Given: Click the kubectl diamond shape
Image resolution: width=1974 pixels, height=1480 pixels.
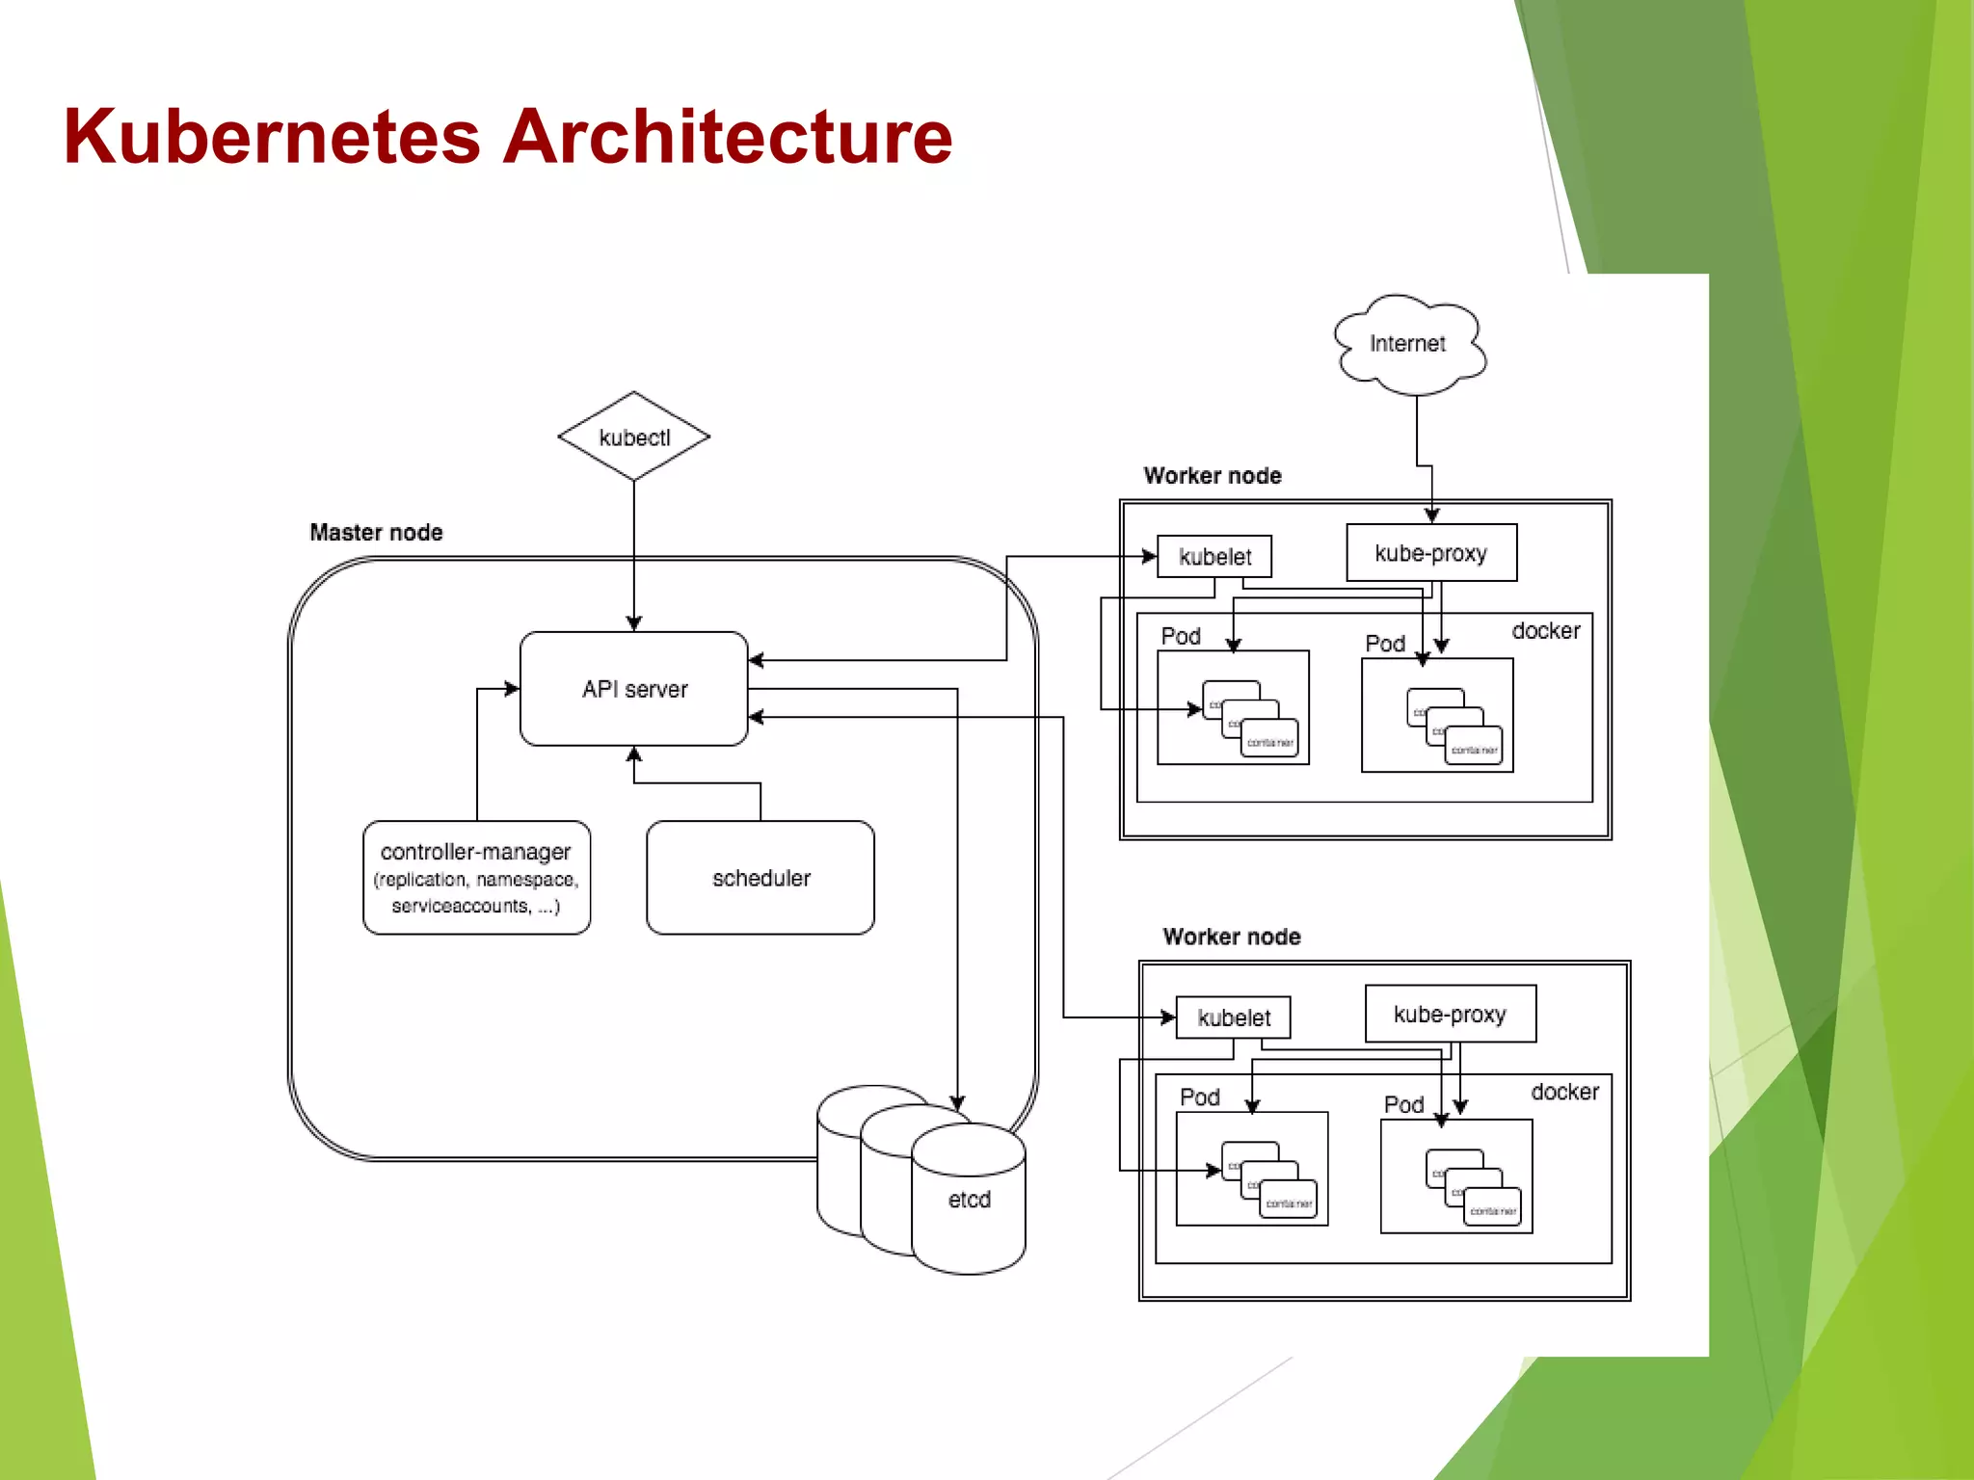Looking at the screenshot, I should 633,436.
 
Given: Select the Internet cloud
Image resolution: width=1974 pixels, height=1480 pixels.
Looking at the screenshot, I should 1408,344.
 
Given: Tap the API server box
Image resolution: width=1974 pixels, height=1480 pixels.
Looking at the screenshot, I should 633,689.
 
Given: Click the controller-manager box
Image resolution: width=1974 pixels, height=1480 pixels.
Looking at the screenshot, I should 476,878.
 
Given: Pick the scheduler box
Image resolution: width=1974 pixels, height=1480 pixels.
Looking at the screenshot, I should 760,878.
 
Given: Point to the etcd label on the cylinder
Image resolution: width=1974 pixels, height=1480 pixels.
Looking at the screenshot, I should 969,1200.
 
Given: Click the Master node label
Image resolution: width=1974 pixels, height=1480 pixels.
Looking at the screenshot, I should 376,532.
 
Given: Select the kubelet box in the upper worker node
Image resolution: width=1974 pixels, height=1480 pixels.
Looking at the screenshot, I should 1214,557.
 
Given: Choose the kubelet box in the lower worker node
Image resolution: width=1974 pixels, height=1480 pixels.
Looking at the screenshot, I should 1234,1017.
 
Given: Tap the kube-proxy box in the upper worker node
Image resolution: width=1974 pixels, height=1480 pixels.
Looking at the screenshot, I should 1431,553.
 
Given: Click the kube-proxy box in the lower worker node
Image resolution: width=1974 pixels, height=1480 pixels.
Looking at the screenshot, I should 1450,1014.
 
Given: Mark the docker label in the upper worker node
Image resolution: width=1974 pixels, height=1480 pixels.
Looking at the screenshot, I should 1546,631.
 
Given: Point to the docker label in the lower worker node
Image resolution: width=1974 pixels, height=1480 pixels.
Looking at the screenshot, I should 1564,1092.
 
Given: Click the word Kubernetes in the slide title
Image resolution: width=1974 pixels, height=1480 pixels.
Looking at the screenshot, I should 272,137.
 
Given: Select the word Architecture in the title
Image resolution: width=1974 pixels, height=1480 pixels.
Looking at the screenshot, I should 728,137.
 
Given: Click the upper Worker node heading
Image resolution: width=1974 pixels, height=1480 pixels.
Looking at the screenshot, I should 1213,475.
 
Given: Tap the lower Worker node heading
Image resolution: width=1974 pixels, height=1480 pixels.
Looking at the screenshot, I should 1232,937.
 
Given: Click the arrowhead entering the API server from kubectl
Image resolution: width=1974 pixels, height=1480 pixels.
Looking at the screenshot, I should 633,623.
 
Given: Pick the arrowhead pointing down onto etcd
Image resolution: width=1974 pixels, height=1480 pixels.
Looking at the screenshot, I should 957,1102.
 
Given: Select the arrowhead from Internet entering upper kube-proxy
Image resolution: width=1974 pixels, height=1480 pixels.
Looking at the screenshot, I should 1431,515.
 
